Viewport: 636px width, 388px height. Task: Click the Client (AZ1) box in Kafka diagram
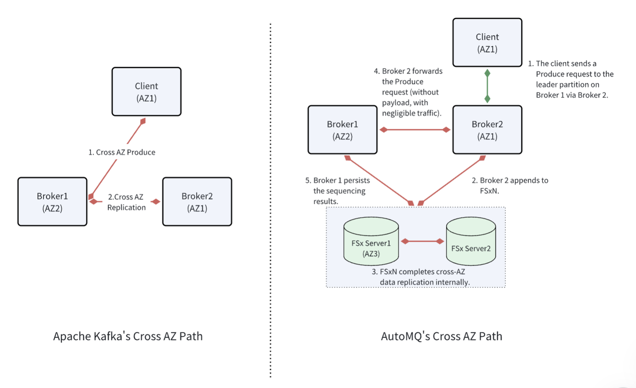click(x=147, y=92)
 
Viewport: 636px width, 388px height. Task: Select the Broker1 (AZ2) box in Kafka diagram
click(x=52, y=202)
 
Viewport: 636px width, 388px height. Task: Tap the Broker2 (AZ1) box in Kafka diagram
click(x=197, y=202)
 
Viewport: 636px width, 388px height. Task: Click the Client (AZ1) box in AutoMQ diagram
click(x=487, y=43)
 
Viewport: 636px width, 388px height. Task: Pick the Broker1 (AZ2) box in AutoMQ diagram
click(x=342, y=130)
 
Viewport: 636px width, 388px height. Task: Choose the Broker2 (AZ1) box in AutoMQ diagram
click(x=487, y=130)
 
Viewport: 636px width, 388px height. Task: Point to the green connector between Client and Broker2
click(x=487, y=86)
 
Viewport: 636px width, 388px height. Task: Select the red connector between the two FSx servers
click(x=422, y=241)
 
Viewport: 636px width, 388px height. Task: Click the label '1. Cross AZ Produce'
click(x=122, y=153)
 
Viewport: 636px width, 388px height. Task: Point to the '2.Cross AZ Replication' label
click(x=126, y=202)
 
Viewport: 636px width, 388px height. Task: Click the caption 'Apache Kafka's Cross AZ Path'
click(x=128, y=336)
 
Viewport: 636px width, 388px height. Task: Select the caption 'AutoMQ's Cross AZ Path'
click(x=441, y=336)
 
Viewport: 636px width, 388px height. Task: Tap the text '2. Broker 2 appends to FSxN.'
click(x=510, y=186)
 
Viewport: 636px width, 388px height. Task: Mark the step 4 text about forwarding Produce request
click(x=408, y=92)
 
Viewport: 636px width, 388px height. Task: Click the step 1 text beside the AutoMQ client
click(x=574, y=79)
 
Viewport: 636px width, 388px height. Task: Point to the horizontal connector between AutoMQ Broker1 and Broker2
click(x=415, y=130)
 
